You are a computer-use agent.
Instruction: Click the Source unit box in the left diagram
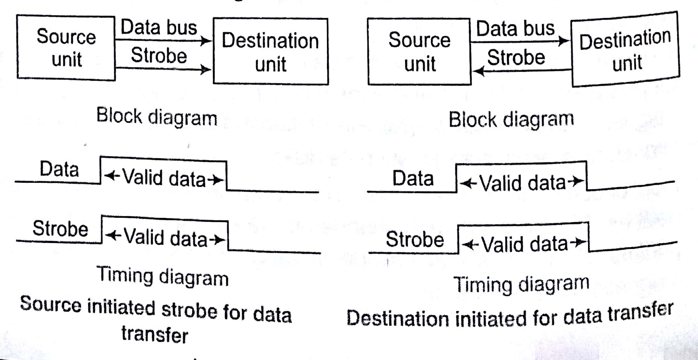tap(66, 47)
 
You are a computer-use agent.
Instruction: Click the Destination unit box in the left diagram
tap(270, 52)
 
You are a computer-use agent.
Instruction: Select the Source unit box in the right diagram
tap(419, 52)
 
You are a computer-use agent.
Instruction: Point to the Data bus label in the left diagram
tap(159, 28)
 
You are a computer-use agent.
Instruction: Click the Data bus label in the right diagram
tap(515, 29)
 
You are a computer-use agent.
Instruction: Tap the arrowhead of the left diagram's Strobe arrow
tap(206, 69)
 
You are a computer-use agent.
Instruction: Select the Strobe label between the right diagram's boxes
tap(516, 58)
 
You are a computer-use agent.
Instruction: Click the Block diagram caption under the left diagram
tap(157, 117)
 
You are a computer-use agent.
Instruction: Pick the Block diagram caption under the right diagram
tap(511, 120)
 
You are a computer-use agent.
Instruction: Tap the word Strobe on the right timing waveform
tap(414, 239)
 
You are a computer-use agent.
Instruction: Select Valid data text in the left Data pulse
tap(164, 178)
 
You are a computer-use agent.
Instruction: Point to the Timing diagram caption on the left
tap(163, 277)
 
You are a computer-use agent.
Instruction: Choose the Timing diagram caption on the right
tap(521, 284)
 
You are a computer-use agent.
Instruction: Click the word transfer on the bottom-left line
tap(154, 334)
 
